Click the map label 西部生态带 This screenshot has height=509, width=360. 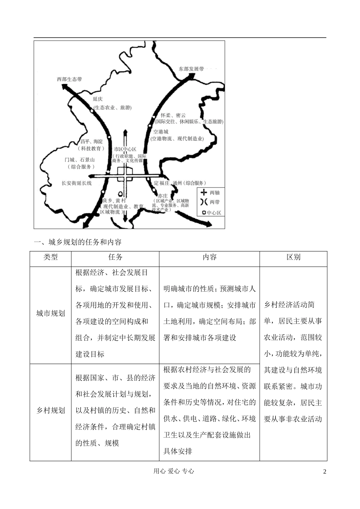click(69, 79)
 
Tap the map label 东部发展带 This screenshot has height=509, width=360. click(191, 69)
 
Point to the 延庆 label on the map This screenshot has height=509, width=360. click(98, 99)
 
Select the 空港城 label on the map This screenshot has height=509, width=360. click(161, 132)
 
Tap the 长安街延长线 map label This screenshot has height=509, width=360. click(77, 183)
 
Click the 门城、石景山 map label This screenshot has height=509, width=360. click(80, 160)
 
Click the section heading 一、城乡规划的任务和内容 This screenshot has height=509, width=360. click(78, 242)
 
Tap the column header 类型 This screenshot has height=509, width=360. click(50, 257)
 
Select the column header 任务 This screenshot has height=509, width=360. click(115, 257)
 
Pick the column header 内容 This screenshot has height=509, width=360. click(209, 257)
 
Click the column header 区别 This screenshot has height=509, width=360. click(293, 257)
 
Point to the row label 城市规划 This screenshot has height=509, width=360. click(50, 313)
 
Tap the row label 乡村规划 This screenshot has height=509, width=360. click(50, 410)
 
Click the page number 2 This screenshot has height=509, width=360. click(324, 472)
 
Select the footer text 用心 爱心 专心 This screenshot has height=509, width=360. click(174, 471)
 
